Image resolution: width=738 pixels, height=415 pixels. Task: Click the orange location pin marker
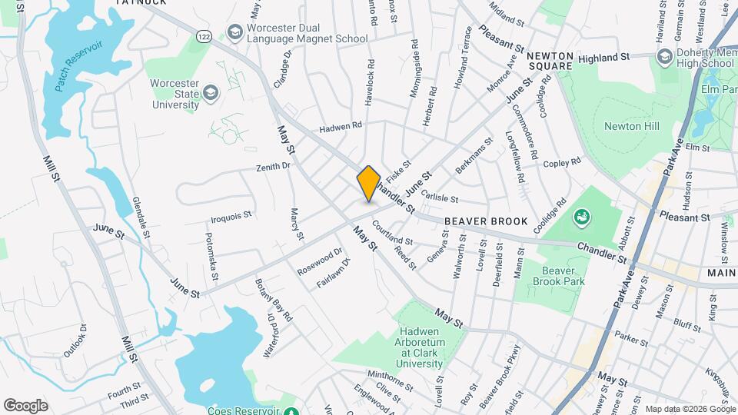click(x=369, y=184)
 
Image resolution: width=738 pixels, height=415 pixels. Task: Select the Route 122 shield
click(x=204, y=37)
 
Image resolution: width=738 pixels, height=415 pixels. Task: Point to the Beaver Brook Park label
click(x=564, y=276)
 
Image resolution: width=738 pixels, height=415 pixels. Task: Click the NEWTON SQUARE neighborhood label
click(x=550, y=61)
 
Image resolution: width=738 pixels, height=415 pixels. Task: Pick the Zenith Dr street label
click(x=274, y=165)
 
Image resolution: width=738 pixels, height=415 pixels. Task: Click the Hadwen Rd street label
click(x=341, y=125)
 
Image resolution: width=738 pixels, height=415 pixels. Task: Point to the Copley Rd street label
click(x=562, y=163)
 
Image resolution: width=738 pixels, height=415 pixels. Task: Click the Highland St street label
click(x=604, y=57)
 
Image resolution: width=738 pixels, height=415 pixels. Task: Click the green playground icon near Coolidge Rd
click(x=582, y=218)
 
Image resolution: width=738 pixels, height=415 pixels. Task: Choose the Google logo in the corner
click(x=25, y=405)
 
